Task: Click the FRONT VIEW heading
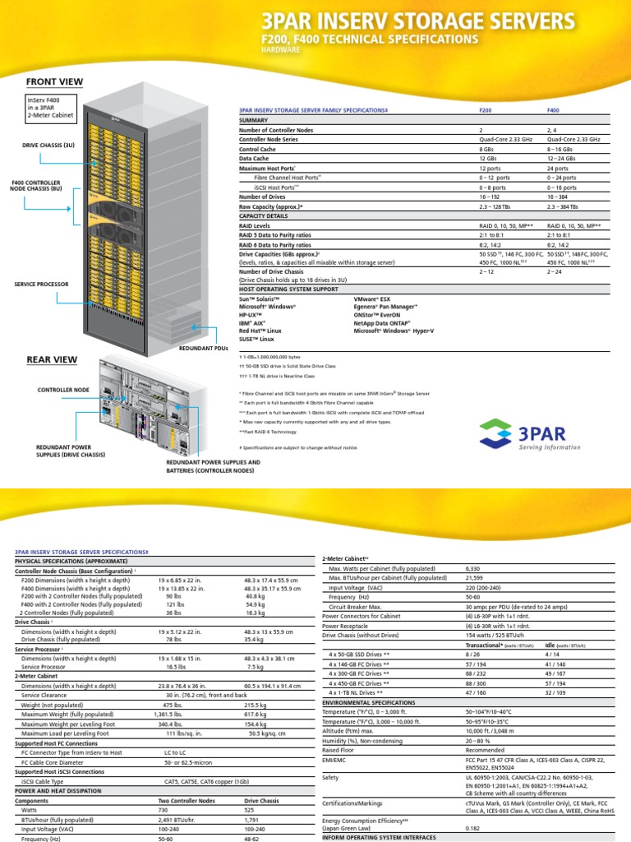pyautogui.click(x=54, y=81)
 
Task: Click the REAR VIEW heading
pyautogui.click(x=52, y=360)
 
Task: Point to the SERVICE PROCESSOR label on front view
pyautogui.click(x=41, y=284)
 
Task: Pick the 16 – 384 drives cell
pyautogui.click(x=560, y=197)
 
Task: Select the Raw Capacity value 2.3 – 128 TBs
pyautogui.click(x=497, y=206)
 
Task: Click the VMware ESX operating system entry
pyautogui.click(x=372, y=300)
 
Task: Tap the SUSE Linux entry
pyautogui.click(x=260, y=337)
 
